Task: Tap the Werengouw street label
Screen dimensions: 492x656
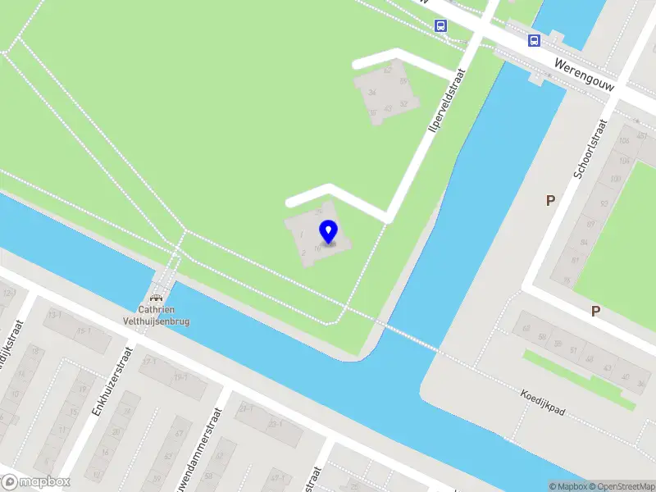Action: click(x=585, y=75)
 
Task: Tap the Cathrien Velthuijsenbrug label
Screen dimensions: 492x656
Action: click(x=157, y=317)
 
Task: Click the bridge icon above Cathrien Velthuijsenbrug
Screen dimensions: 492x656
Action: click(x=156, y=297)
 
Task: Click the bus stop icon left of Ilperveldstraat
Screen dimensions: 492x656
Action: click(x=440, y=26)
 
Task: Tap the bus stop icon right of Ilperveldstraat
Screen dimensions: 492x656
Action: click(x=535, y=40)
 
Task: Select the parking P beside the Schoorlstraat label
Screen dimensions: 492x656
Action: click(x=550, y=200)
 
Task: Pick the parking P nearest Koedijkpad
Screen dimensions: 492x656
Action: click(x=595, y=311)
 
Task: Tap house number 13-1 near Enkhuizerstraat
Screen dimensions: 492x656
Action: click(x=56, y=314)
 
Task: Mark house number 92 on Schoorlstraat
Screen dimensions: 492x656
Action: click(x=604, y=203)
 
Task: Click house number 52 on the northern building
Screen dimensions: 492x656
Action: click(x=403, y=104)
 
